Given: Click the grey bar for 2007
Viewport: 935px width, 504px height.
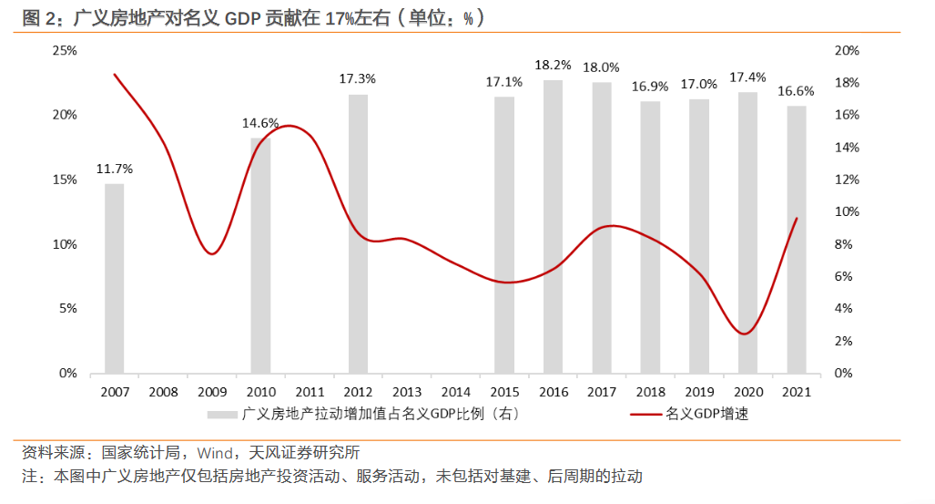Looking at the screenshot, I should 114,278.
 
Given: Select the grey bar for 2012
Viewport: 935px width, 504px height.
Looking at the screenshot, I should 358,233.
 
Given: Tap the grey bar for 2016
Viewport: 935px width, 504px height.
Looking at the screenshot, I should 553,226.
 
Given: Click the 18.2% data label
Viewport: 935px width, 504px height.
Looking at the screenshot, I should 553,65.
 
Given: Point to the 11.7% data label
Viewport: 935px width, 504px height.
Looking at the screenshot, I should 115,169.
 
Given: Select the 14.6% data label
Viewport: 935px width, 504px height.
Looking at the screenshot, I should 260,123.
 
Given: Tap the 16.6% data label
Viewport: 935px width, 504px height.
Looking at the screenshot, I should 796,91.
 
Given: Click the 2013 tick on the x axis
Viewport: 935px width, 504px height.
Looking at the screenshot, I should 407,392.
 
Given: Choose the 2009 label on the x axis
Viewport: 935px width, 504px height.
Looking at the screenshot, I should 212,392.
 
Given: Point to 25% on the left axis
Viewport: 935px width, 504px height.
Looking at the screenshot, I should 64,50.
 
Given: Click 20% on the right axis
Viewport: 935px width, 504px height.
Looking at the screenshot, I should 847,50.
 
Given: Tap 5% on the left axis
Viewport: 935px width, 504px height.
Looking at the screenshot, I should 67,308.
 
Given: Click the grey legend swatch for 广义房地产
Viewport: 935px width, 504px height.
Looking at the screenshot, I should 221,415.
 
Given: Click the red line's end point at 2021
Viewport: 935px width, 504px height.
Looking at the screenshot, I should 797,218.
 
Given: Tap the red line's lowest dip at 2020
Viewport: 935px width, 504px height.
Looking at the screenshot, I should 746,334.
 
